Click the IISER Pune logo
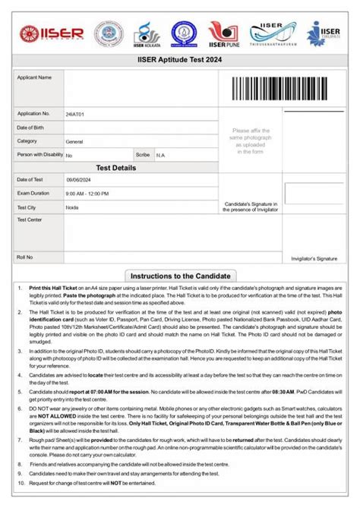[225, 33]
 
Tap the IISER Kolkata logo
[147, 34]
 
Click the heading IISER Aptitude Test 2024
[180, 58]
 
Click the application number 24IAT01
[75, 114]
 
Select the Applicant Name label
[34, 77]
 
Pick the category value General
[74, 141]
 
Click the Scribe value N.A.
[161, 155]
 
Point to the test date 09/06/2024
[78, 180]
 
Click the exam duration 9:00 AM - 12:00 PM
[87, 194]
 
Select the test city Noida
[72, 207]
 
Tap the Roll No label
[25, 257]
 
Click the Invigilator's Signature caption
[314, 259]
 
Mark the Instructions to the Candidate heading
[180, 276]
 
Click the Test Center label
[30, 220]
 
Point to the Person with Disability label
[40, 155]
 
